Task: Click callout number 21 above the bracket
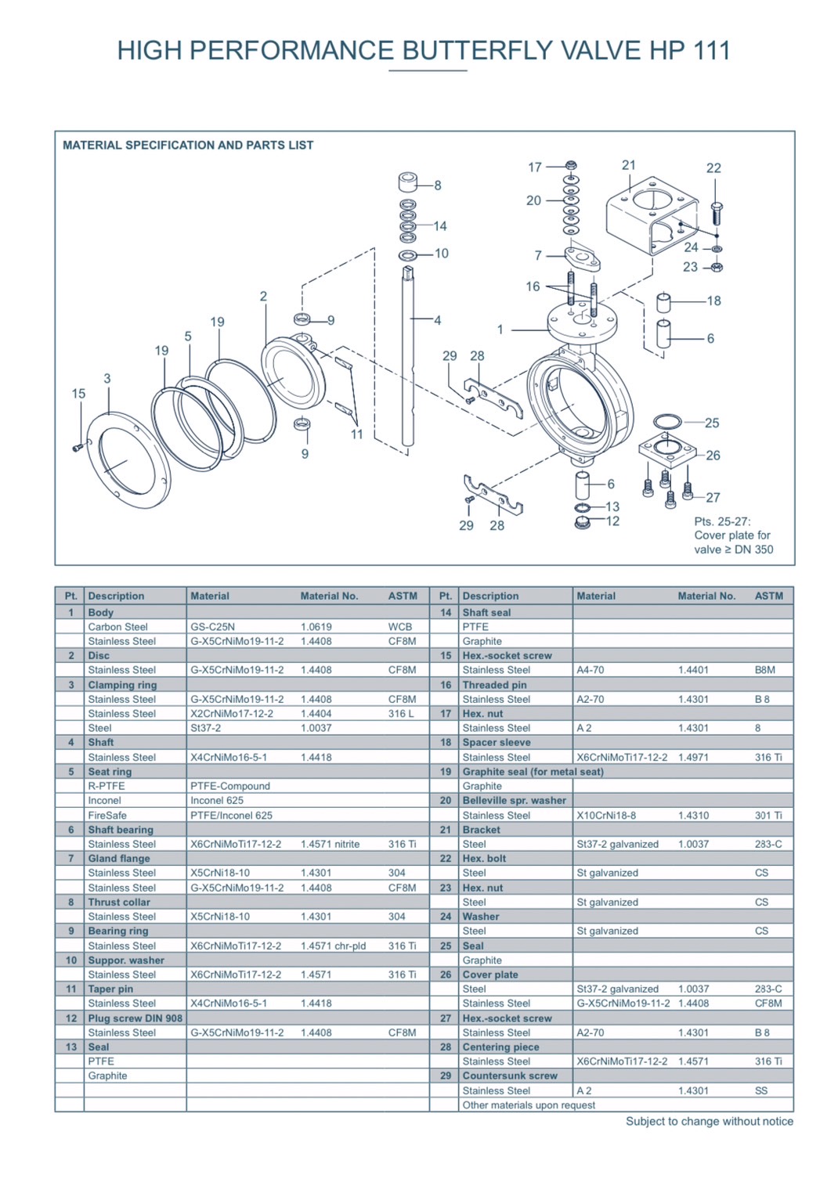[629, 165]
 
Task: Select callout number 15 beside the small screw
[78, 394]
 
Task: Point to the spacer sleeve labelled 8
[407, 183]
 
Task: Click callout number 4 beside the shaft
[437, 320]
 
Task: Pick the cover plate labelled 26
[666, 452]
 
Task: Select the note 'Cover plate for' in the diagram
[732, 535]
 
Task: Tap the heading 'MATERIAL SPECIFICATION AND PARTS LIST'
[188, 146]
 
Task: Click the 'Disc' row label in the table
[99, 656]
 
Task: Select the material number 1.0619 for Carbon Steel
[316, 627]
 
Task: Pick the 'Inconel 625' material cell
[217, 801]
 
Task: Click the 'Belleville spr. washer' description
[514, 801]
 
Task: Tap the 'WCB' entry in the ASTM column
[400, 627]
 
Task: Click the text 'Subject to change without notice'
[709, 1122]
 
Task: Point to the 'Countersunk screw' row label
[510, 1076]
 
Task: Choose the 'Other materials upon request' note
[529, 1105]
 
